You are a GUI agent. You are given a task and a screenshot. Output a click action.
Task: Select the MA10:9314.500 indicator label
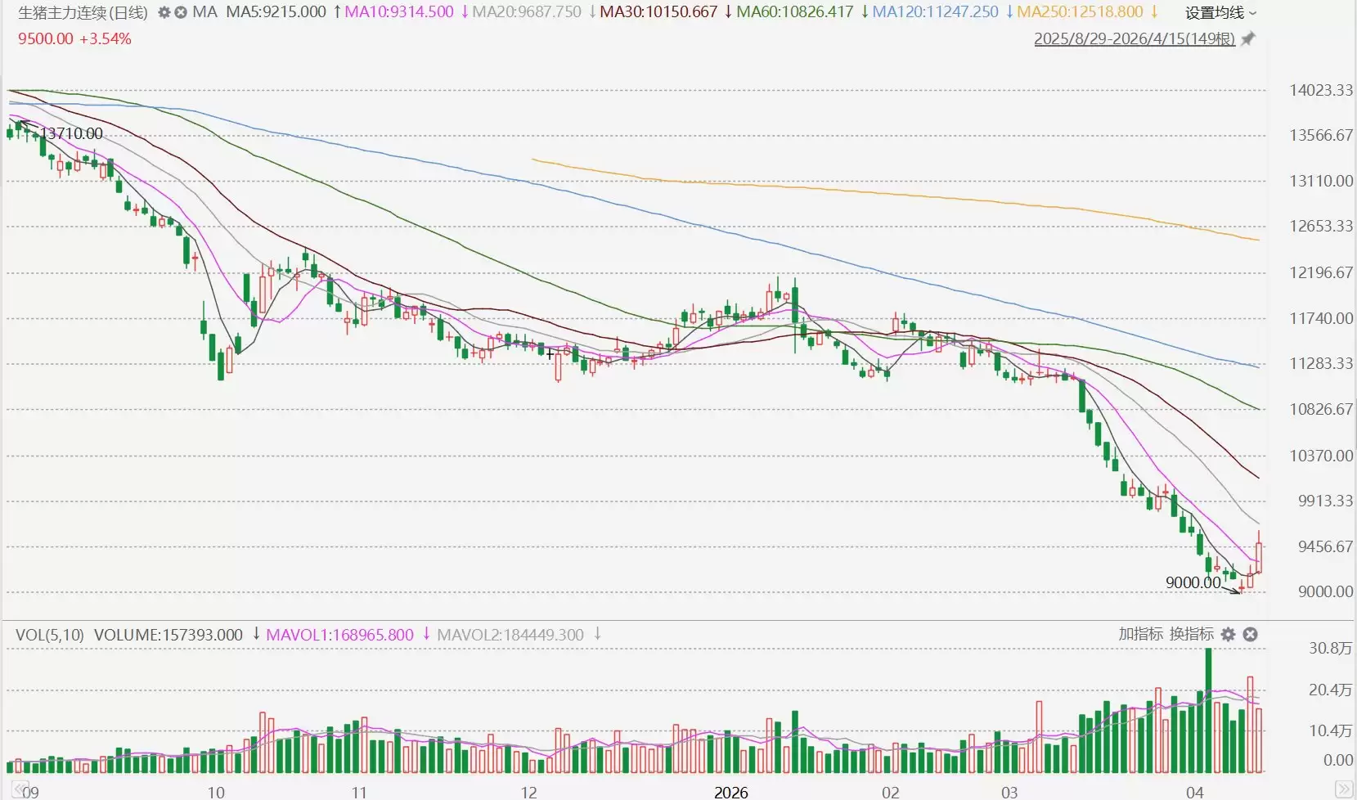pyautogui.click(x=398, y=12)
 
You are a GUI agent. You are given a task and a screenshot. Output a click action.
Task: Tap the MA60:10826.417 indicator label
pyautogui.click(x=794, y=12)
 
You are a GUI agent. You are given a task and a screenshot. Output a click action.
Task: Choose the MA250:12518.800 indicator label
pyautogui.click(x=1080, y=12)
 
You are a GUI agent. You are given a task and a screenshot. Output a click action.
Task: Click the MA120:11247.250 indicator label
pyautogui.click(x=935, y=12)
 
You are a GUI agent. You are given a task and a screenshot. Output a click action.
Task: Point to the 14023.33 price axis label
pyautogui.click(x=1320, y=90)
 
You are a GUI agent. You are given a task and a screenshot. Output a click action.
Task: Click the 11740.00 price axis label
pyautogui.click(x=1320, y=318)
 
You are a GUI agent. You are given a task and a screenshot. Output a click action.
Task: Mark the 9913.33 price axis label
pyautogui.click(x=1324, y=501)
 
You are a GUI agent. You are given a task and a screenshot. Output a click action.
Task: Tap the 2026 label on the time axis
pyautogui.click(x=730, y=792)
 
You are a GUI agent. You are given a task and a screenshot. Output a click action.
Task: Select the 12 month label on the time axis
pyautogui.click(x=528, y=792)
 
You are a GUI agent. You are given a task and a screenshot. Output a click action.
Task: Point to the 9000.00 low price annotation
pyautogui.click(x=1193, y=582)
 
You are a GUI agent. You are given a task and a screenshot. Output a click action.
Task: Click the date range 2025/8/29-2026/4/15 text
pyautogui.click(x=1134, y=38)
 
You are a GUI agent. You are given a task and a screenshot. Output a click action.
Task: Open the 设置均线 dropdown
pyautogui.click(x=1220, y=12)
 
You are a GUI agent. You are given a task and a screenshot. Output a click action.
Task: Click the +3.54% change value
pyautogui.click(x=106, y=38)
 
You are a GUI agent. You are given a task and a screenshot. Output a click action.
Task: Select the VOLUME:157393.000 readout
pyautogui.click(x=168, y=635)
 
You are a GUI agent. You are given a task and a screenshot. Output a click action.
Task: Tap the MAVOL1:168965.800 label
pyautogui.click(x=339, y=635)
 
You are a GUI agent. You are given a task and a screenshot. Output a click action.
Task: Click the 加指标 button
pyautogui.click(x=1140, y=634)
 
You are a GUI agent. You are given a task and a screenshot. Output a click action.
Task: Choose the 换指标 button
pyautogui.click(x=1191, y=634)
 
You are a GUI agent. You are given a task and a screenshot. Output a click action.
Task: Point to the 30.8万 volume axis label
pyautogui.click(x=1330, y=648)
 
